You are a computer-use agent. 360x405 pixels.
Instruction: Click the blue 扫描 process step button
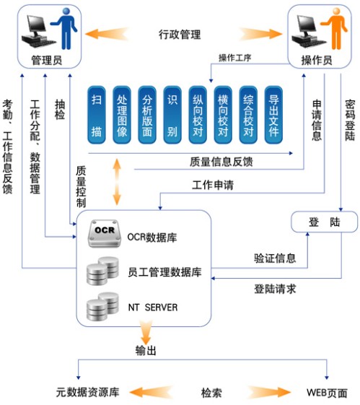(97, 115)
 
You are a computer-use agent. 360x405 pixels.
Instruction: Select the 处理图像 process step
(122, 115)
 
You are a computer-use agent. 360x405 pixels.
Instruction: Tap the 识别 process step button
(172, 115)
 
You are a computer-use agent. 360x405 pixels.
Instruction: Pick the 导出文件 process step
(273, 115)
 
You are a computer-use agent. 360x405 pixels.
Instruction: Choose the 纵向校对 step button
(198, 115)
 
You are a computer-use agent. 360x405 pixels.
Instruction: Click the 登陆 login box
(325, 222)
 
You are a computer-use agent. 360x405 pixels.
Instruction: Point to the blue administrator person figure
(65, 28)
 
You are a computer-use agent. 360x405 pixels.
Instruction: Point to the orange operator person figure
(335, 28)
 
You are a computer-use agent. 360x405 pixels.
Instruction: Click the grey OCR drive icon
(105, 233)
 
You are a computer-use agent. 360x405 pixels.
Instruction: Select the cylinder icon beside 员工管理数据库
(102, 271)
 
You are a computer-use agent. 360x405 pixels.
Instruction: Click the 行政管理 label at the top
(180, 35)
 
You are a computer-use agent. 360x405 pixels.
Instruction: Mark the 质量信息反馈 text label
(221, 162)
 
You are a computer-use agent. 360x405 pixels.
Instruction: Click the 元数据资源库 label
(88, 392)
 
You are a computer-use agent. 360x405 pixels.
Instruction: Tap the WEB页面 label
(327, 393)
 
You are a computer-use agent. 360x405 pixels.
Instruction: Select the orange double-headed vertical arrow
(117, 182)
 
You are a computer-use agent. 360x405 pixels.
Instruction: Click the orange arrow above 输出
(146, 333)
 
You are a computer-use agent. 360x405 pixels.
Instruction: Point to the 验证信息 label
(275, 258)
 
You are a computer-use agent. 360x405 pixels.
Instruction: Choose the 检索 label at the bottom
(211, 393)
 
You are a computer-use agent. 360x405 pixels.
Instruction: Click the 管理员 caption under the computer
(47, 61)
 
